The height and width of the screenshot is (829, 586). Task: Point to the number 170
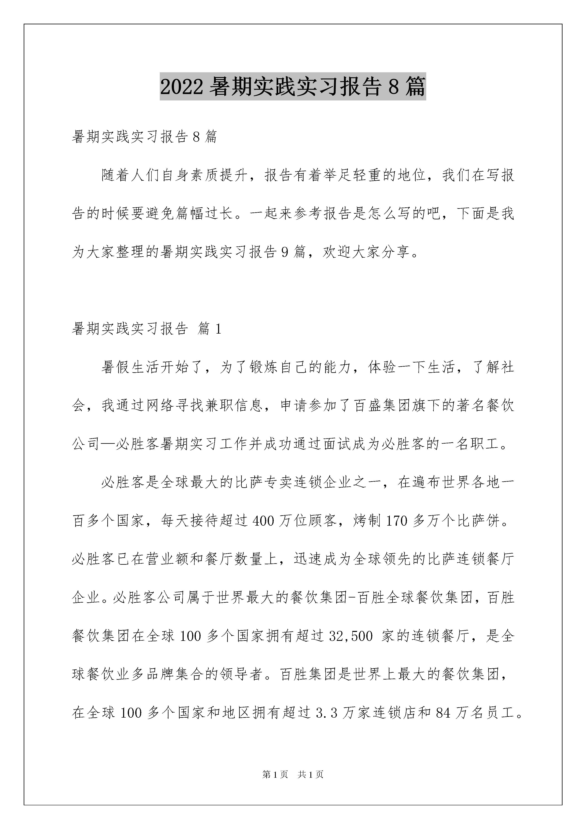pos(397,521)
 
